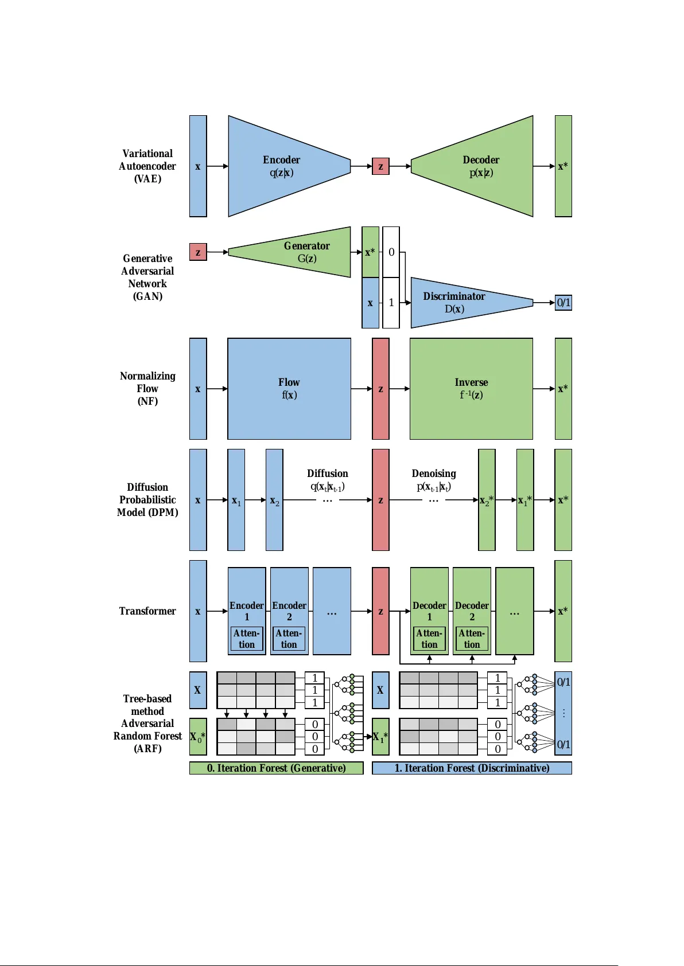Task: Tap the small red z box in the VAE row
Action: [x=380, y=166]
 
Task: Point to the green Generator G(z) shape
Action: [x=298, y=252]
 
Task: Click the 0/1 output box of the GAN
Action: [x=563, y=303]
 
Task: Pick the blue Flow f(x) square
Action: [x=289, y=389]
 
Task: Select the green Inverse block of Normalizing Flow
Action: [x=471, y=389]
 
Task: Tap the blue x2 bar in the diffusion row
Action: [x=274, y=500]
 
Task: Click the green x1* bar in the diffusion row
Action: [x=525, y=500]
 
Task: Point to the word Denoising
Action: [x=434, y=474]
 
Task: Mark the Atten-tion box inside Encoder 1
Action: [x=247, y=639]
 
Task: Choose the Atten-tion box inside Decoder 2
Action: [x=472, y=639]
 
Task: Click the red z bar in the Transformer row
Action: [x=380, y=611]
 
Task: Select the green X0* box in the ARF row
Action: [x=198, y=737]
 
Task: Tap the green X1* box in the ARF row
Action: [x=380, y=737]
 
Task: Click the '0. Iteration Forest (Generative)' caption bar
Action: [x=276, y=768]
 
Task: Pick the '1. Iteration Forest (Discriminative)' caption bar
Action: [x=472, y=768]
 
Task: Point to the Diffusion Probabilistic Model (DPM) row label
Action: [x=147, y=500]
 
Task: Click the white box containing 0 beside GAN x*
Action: [x=391, y=252]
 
